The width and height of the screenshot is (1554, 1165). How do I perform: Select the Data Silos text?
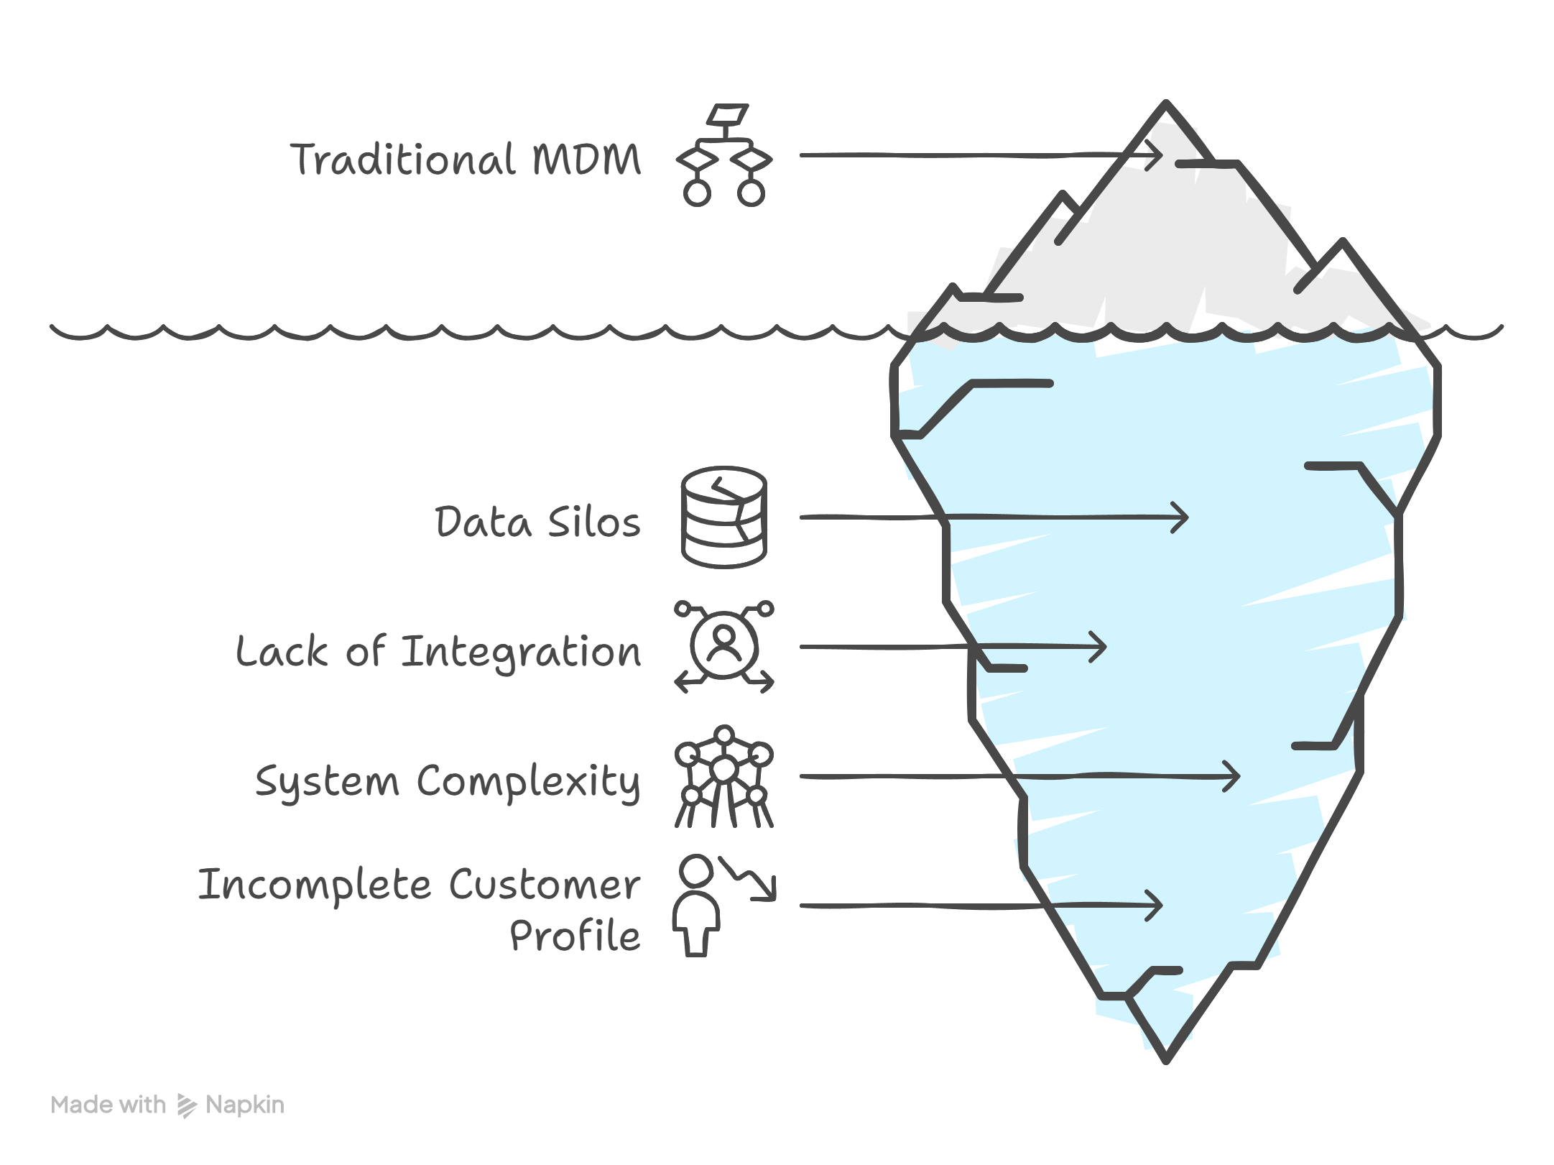[537, 522]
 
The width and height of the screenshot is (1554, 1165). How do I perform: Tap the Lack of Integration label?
[438, 652]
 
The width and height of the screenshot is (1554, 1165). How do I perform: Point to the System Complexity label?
[448, 781]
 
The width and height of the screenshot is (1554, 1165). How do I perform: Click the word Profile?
[575, 936]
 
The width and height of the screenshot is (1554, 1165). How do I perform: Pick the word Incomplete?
[314, 885]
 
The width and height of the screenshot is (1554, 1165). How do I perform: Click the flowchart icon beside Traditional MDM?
[724, 156]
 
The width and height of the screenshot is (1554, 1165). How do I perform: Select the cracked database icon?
[724, 517]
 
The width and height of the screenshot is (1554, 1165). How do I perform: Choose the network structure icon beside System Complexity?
[724, 777]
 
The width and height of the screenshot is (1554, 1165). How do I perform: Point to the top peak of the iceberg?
[1166, 105]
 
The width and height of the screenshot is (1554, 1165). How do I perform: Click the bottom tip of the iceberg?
[1166, 1059]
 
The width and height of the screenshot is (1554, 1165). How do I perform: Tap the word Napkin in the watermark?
[244, 1105]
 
